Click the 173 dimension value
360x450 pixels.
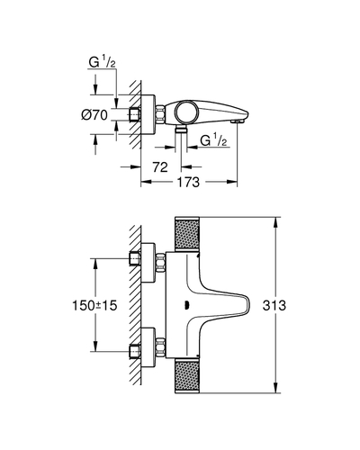pyautogui.click(x=188, y=182)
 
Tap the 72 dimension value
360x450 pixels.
pyautogui.click(x=160, y=166)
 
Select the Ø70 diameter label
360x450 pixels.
pyautogui.click(x=94, y=115)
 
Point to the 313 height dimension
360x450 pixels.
pyautogui.click(x=274, y=305)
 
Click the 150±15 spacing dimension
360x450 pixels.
pyautogui.click(x=94, y=305)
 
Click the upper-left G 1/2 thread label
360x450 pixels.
pyautogui.click(x=102, y=62)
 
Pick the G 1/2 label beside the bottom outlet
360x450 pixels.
pyautogui.click(x=213, y=140)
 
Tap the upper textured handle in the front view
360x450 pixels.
pyautogui.click(x=187, y=233)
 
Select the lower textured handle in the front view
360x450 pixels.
pyautogui.click(x=187, y=375)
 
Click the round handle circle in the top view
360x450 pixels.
pyautogui.click(x=187, y=112)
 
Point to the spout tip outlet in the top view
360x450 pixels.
pyautogui.click(x=237, y=121)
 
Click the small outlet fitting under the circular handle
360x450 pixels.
pyautogui.click(x=181, y=130)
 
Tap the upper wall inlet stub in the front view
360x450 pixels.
pyautogui.click(x=135, y=258)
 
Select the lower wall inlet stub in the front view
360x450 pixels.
pyautogui.click(x=135, y=351)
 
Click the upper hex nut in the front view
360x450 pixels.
pyautogui.click(x=161, y=262)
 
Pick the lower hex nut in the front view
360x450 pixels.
pyautogui.click(x=161, y=347)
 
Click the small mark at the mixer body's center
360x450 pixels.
pyautogui.click(x=186, y=305)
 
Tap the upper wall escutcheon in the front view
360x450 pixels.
pyautogui.click(x=148, y=263)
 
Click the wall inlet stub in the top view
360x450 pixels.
pyautogui.click(x=135, y=114)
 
